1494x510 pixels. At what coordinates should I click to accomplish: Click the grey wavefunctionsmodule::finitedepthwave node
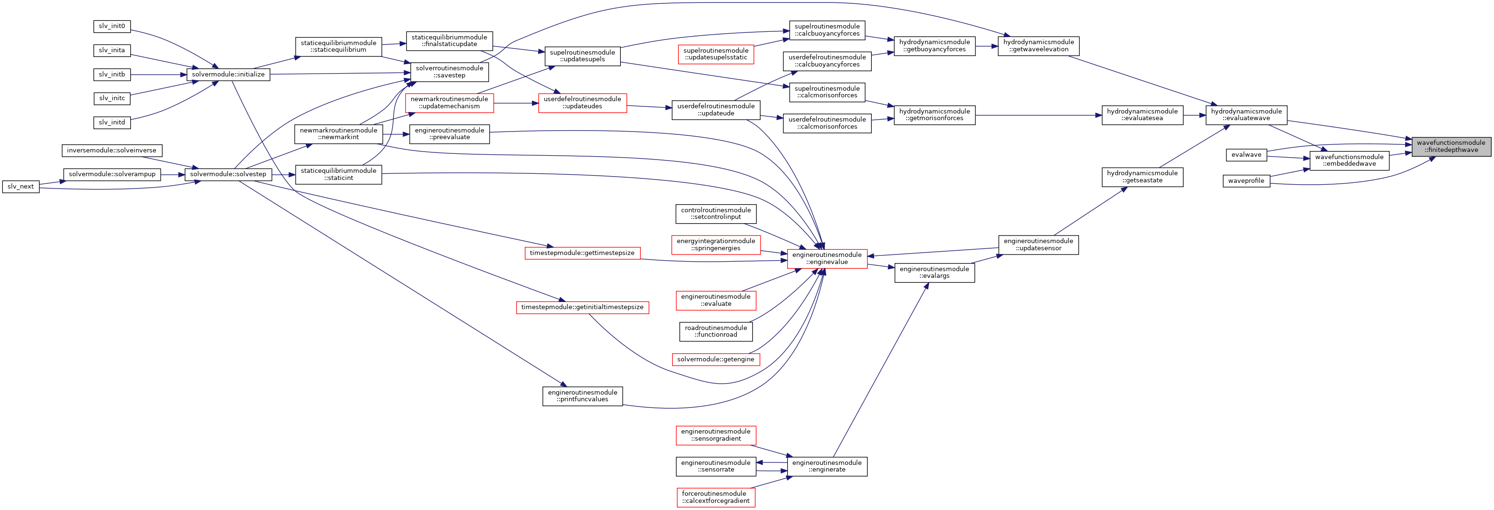pos(1451,146)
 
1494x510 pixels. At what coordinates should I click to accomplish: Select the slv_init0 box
pos(112,26)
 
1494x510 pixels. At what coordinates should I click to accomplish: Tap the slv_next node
pos(21,187)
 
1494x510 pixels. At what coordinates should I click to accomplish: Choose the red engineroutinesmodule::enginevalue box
pos(827,258)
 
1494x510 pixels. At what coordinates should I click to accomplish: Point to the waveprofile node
pos(1246,181)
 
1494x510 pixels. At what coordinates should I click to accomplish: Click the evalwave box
pos(1246,155)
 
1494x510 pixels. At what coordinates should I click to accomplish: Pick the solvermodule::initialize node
pos(228,75)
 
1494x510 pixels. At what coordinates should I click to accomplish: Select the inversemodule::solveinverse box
pos(111,151)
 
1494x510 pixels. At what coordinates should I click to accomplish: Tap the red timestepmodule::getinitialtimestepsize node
pos(582,307)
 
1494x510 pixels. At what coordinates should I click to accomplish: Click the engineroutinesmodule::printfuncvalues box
pos(582,396)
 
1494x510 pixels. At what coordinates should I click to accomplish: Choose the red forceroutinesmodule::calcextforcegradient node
pos(716,497)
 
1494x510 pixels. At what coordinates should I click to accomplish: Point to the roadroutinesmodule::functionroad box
pos(716,331)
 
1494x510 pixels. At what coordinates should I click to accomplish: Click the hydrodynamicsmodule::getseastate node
pos(1142,177)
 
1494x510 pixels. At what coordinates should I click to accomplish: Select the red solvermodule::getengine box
pos(716,359)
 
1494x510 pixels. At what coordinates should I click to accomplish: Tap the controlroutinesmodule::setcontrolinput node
pos(716,214)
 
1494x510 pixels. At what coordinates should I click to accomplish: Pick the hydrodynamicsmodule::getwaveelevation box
pos(1038,46)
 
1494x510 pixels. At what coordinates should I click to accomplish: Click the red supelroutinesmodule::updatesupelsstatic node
pos(716,55)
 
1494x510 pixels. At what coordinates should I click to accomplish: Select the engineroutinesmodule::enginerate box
pos(827,466)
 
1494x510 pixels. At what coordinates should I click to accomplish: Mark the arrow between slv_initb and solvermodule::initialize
pos(158,75)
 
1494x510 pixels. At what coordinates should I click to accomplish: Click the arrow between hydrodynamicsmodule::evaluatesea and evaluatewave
pos(1194,115)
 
